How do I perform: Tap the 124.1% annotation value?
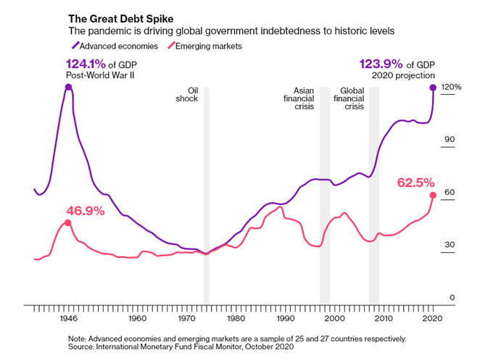[84, 63]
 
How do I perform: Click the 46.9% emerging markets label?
[86, 212]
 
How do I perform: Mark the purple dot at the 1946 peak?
[68, 87]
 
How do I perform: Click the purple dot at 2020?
[433, 88]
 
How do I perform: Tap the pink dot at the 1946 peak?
[68, 222]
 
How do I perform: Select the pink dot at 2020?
[433, 195]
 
